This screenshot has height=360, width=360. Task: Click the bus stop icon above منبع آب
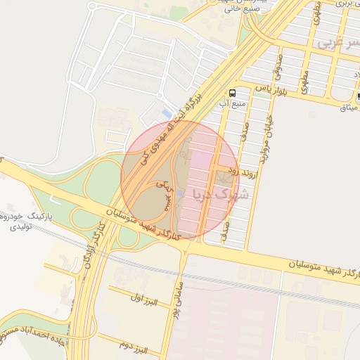[x=232, y=92]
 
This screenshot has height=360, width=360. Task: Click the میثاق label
[x=349, y=108]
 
